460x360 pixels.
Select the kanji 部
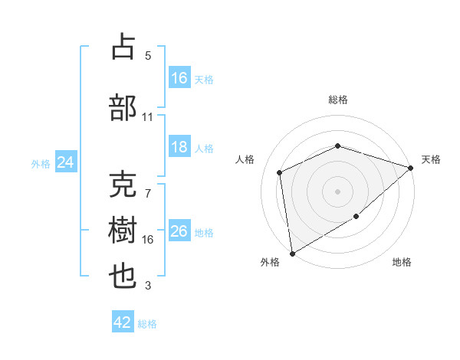pos(123,108)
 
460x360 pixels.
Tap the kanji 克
pos(123,185)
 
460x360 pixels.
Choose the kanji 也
pos(123,277)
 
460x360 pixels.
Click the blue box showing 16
pos(179,77)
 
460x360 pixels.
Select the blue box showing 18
pos(179,147)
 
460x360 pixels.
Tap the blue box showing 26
pos(179,231)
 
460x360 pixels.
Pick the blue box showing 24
pos(66,162)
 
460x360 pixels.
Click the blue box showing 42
pos(123,322)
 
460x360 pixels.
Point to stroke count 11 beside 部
pos(148,117)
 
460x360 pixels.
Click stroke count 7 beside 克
pos(148,194)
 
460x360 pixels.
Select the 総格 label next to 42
pos(147,324)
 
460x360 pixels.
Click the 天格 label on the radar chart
pos(432,159)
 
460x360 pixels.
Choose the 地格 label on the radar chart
pos(402,263)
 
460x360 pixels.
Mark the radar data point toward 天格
pos(411,168)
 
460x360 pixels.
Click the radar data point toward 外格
pos(291,253)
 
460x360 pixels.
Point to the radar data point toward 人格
pos(280,172)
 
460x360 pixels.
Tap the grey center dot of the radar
pos(337,191)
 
